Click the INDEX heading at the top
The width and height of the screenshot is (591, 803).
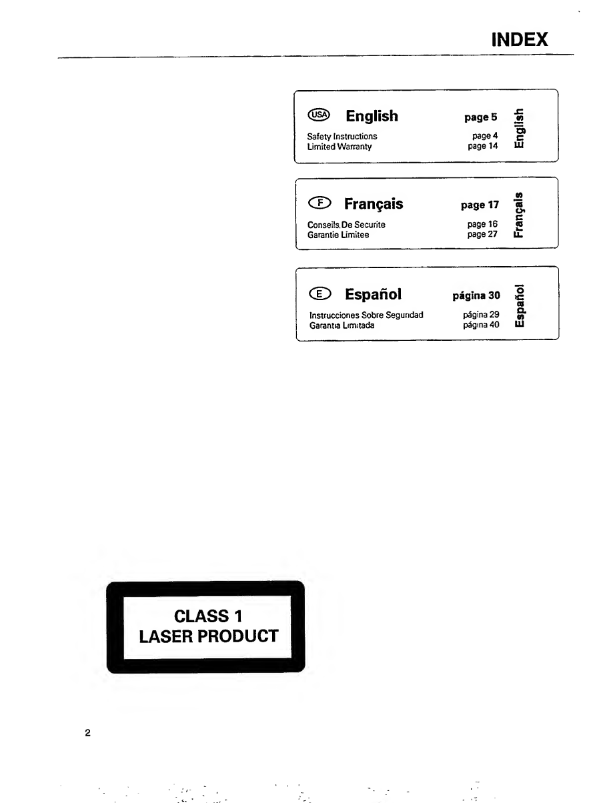[x=519, y=41]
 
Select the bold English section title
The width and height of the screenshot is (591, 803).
[x=372, y=116]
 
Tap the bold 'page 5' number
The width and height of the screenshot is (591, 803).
[x=481, y=117]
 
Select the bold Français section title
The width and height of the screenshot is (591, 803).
[x=374, y=203]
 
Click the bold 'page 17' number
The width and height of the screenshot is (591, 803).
[x=481, y=205]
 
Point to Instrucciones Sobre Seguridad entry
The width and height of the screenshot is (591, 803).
[x=366, y=315]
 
